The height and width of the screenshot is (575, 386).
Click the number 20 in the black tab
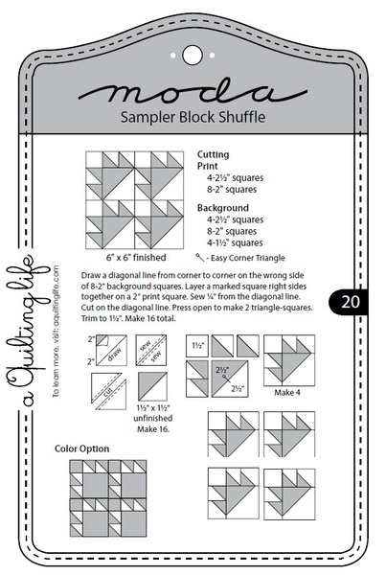tap(348, 302)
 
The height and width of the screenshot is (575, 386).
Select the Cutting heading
tap(213, 153)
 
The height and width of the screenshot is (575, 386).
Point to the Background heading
tap(222, 207)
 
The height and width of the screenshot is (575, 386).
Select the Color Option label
tap(81, 448)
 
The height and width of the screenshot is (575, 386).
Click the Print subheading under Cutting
tap(208, 166)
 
